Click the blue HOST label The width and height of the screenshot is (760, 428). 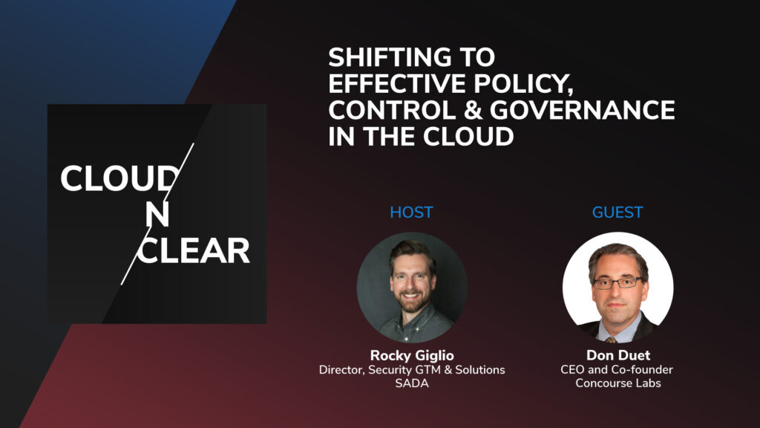pos(411,213)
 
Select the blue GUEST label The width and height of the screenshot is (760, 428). pos(617,213)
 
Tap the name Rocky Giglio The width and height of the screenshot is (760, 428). pos(411,356)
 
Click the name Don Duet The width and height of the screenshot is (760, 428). pos(617,356)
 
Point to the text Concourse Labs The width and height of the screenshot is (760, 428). pos(617,383)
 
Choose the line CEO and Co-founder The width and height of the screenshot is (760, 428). pos(617,370)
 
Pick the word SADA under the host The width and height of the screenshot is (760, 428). pos(411,383)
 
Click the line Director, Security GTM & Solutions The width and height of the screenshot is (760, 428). pos(411,370)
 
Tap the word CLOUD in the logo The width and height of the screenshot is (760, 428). pos(119,179)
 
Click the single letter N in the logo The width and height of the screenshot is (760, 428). pos(157,215)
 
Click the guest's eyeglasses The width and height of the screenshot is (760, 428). pos(617,282)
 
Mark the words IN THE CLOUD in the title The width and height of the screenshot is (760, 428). pos(421,137)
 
